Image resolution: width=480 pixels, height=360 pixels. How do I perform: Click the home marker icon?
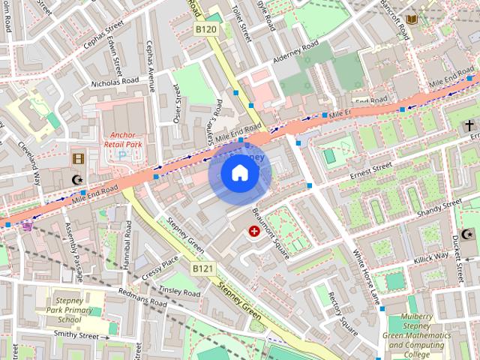click(x=239, y=173)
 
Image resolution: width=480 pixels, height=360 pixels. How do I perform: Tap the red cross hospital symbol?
click(x=254, y=232)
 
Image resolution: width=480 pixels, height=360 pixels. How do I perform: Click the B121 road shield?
click(x=202, y=268)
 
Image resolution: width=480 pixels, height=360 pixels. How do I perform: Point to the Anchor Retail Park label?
click(x=124, y=140)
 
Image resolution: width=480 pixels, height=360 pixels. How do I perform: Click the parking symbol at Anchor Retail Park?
click(x=124, y=155)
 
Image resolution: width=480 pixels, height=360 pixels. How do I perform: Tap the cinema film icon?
click(x=78, y=158)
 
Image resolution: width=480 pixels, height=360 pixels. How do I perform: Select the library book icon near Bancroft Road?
click(x=410, y=19)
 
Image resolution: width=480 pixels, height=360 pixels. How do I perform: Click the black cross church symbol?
click(x=469, y=124)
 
